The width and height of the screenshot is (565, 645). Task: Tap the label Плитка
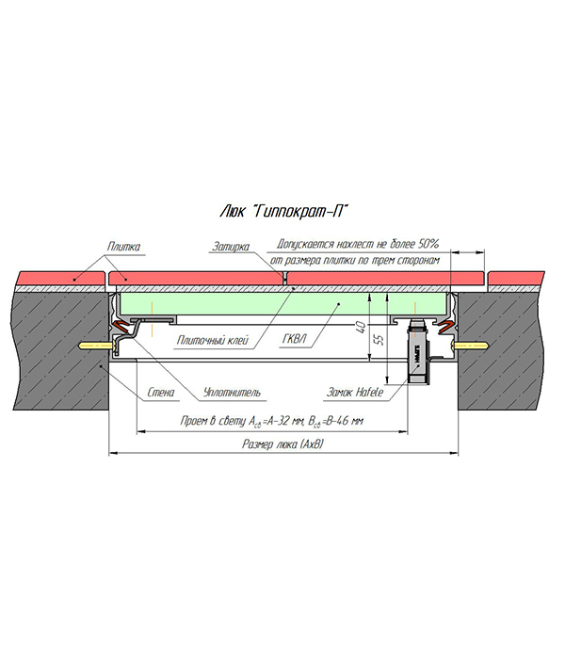point(123,247)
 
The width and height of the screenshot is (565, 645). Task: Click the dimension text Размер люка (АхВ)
point(283,444)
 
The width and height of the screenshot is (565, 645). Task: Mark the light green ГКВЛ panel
point(282,303)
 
